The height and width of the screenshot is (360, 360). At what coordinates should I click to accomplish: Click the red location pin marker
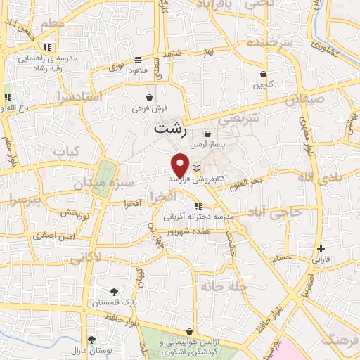pos(181,165)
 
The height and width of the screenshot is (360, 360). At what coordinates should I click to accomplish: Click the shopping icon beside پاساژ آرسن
pos(207,134)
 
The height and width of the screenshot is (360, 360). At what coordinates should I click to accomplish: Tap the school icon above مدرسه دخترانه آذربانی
pos(198,206)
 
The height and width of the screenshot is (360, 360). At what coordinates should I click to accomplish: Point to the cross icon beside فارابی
pos(321,248)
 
